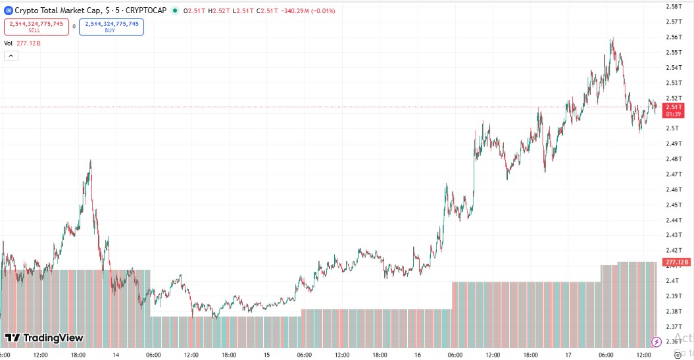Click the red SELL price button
pos(36,26)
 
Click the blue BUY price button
pos(111,26)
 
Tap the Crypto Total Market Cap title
pos(58,11)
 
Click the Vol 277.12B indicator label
pos(23,43)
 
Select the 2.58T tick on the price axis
pos(673,7)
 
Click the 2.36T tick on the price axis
pos(673,342)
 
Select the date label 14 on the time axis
pos(116,355)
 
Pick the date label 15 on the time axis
pos(267,355)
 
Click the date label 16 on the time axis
pos(418,355)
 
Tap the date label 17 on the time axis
pos(568,355)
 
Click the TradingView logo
pos(44,338)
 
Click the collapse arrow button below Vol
pos(11,56)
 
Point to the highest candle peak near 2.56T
pos(612,39)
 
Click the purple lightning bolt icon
pos(656,342)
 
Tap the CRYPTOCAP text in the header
pos(146,11)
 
